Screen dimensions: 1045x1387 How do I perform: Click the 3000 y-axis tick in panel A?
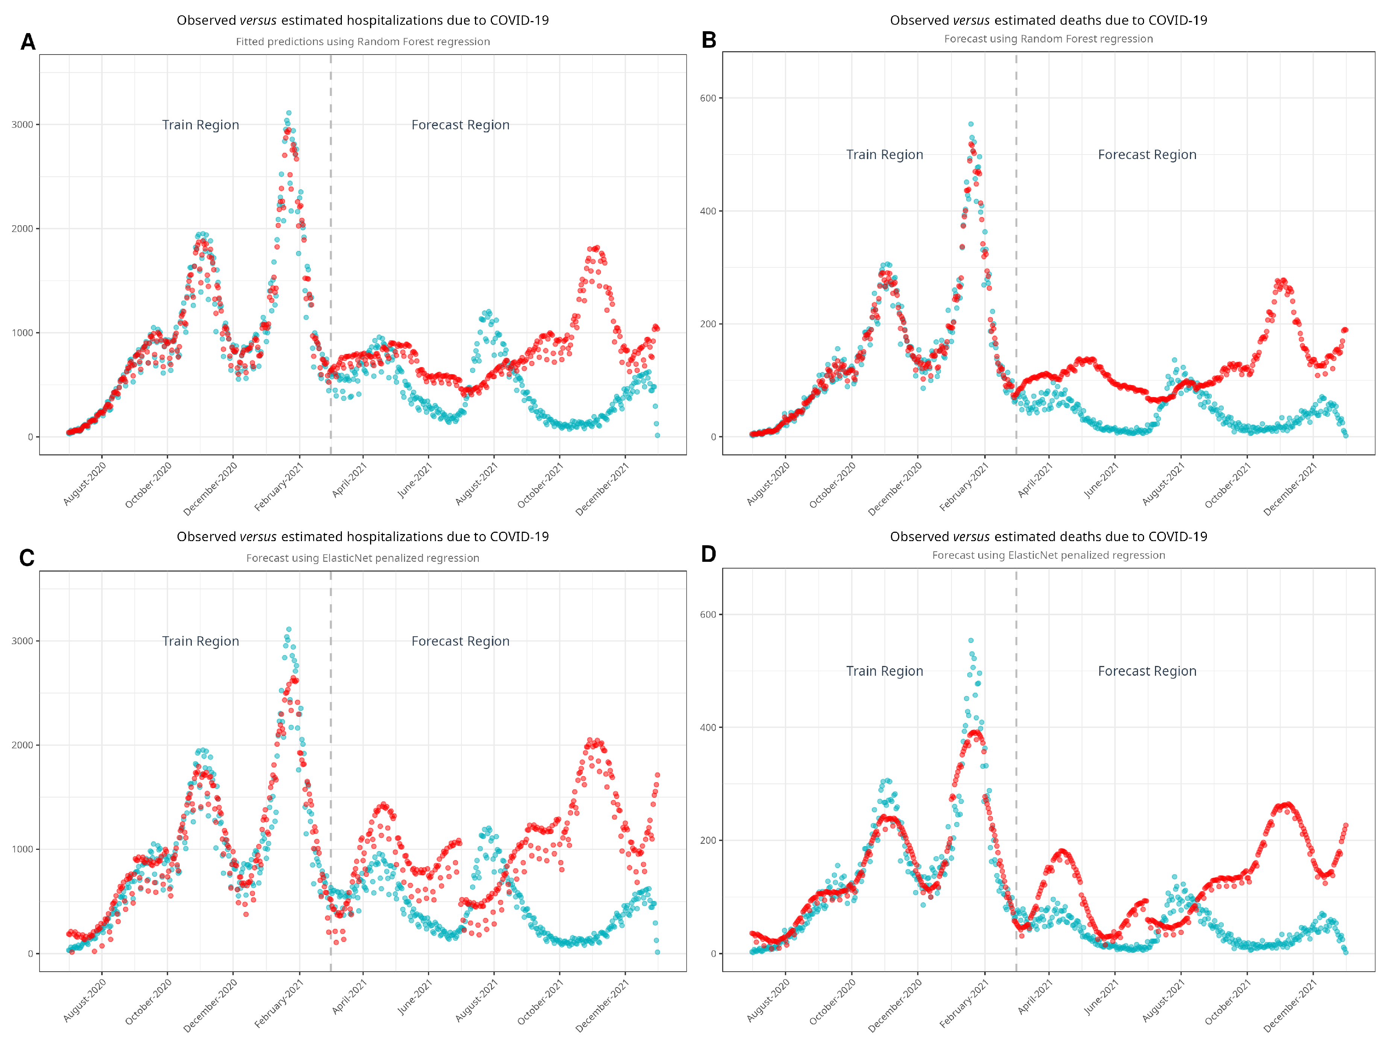(22, 124)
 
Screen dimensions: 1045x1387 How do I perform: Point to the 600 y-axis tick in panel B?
(708, 98)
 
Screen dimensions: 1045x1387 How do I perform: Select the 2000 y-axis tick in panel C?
(22, 745)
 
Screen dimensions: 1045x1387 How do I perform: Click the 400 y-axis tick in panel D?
(708, 727)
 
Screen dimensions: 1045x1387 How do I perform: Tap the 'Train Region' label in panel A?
(201, 125)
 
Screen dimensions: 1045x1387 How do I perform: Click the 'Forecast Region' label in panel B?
(1147, 155)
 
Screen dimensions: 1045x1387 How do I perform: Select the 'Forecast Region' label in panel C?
(460, 641)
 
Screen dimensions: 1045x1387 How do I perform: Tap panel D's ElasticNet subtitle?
(1049, 555)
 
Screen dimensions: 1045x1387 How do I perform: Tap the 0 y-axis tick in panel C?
(30, 954)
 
